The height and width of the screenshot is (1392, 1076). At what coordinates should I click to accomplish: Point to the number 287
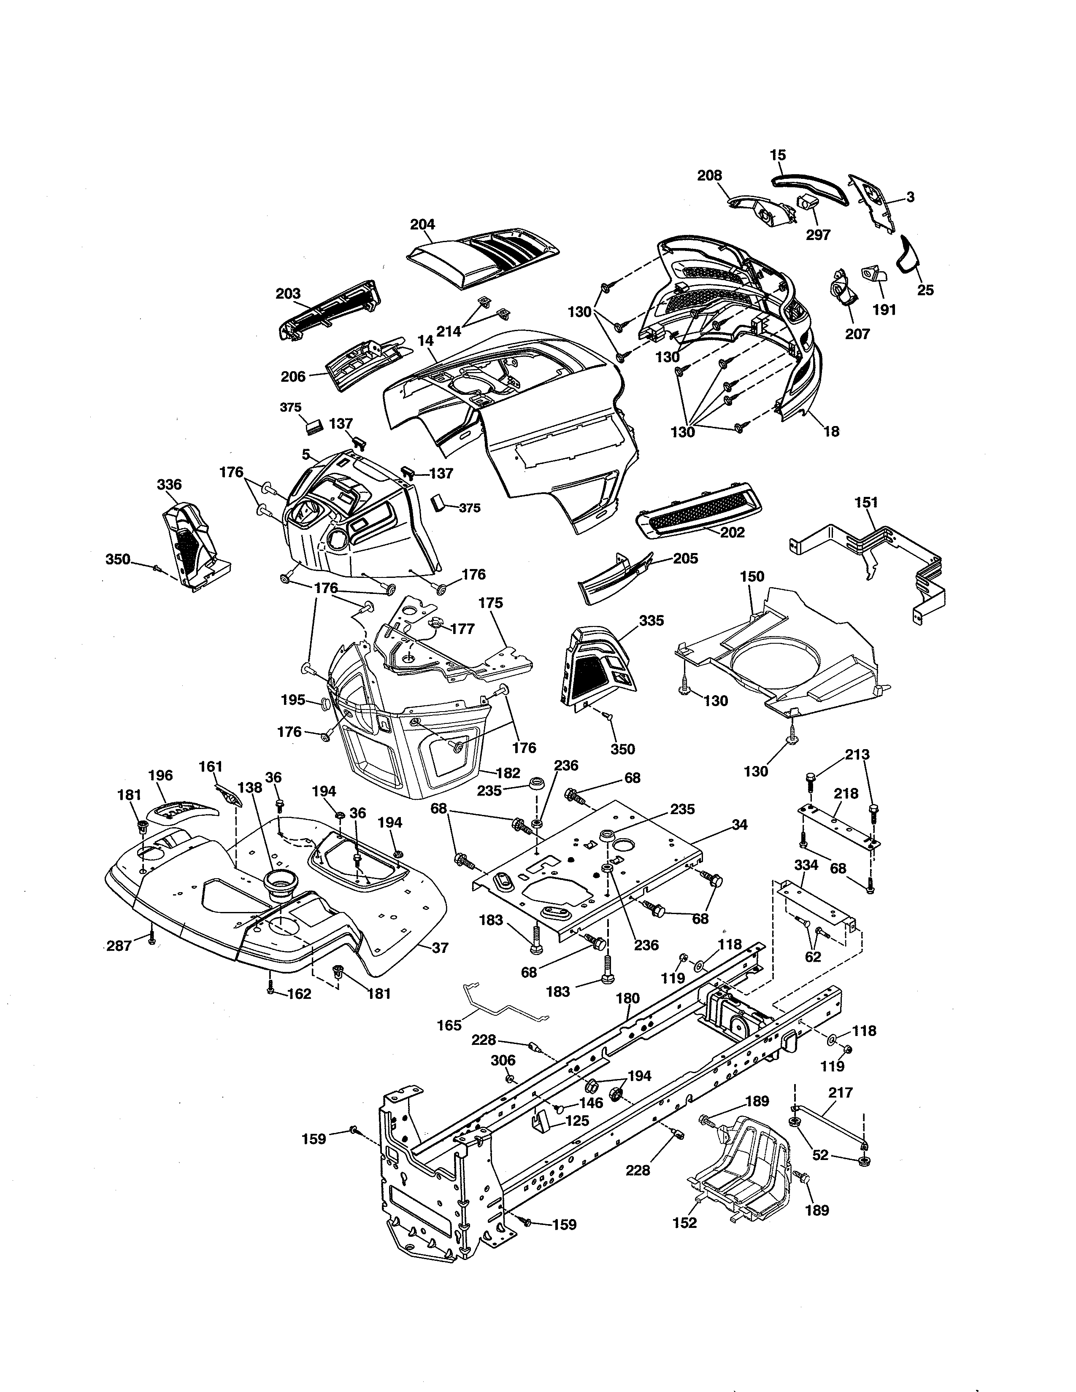tap(119, 946)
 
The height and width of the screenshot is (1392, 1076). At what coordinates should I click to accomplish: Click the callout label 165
tap(449, 1025)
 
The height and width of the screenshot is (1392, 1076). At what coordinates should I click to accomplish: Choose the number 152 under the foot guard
tap(684, 1222)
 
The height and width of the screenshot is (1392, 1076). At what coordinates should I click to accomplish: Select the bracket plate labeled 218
tap(838, 826)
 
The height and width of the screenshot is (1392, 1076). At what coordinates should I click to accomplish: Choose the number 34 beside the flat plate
tap(739, 824)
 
